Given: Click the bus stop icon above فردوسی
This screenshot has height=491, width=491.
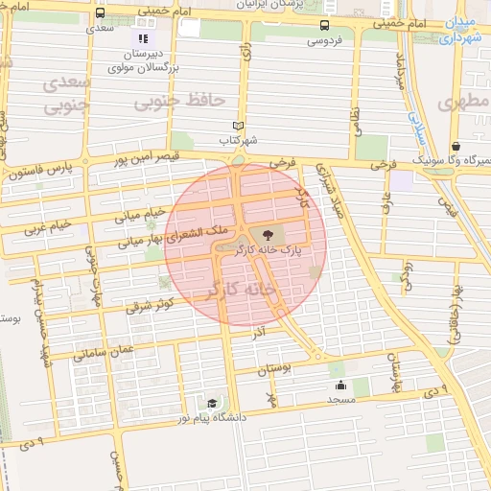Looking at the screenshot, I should [325, 26].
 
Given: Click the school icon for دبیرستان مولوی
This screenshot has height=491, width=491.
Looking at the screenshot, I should [143, 39].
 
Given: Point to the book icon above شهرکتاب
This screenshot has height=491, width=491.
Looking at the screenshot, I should [239, 125].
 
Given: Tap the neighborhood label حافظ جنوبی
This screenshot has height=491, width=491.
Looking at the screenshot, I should [178, 100].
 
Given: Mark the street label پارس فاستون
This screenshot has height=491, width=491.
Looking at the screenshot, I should [37, 174].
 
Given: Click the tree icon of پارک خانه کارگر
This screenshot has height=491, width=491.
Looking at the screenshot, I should [267, 233].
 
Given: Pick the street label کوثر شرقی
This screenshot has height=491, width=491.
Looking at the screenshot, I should [150, 305].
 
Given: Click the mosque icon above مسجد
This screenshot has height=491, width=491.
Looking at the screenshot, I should [340, 386].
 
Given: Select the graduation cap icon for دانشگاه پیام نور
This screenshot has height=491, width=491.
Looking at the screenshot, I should [211, 404].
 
